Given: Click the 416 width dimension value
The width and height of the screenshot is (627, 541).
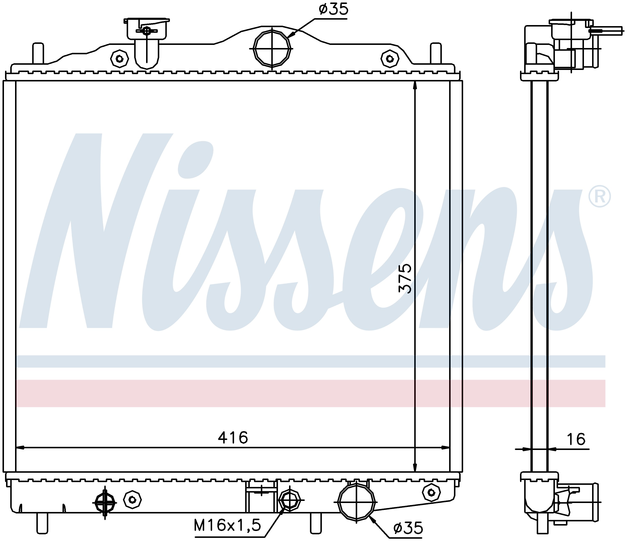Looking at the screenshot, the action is (233, 438).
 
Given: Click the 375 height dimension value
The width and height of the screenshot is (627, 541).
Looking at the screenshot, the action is (405, 278).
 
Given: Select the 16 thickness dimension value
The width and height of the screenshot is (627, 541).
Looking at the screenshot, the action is (576, 439).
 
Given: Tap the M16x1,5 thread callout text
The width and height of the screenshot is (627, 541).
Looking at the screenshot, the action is (227, 525).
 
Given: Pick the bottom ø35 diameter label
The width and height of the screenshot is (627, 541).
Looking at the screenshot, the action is (408, 528).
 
